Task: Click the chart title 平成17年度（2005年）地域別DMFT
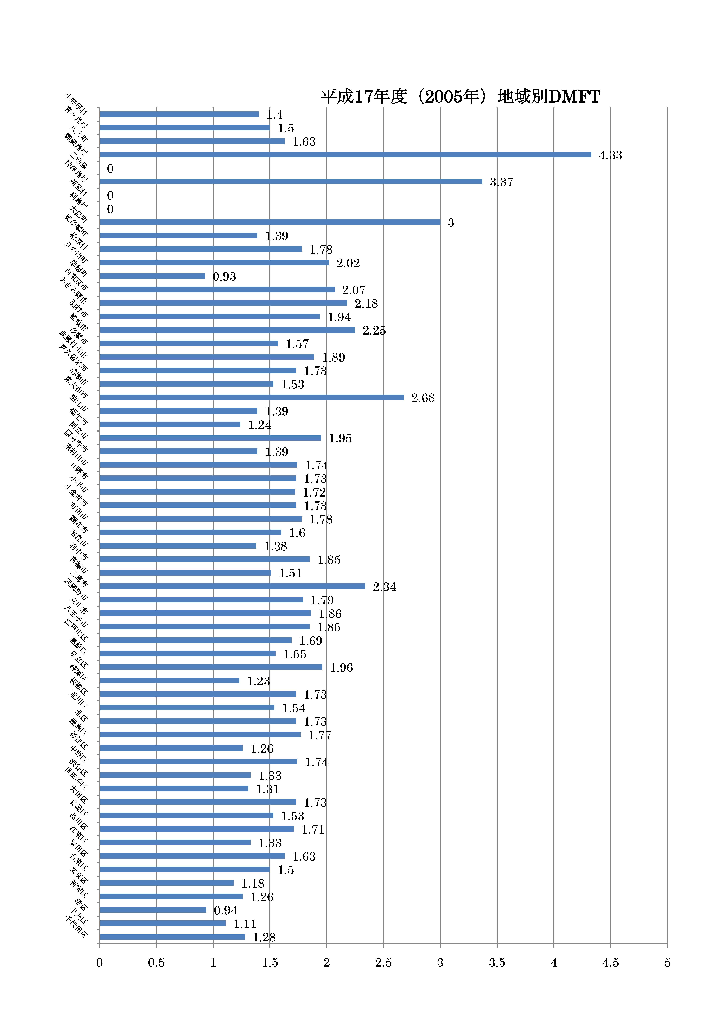[460, 96]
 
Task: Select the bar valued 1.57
[189, 343]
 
